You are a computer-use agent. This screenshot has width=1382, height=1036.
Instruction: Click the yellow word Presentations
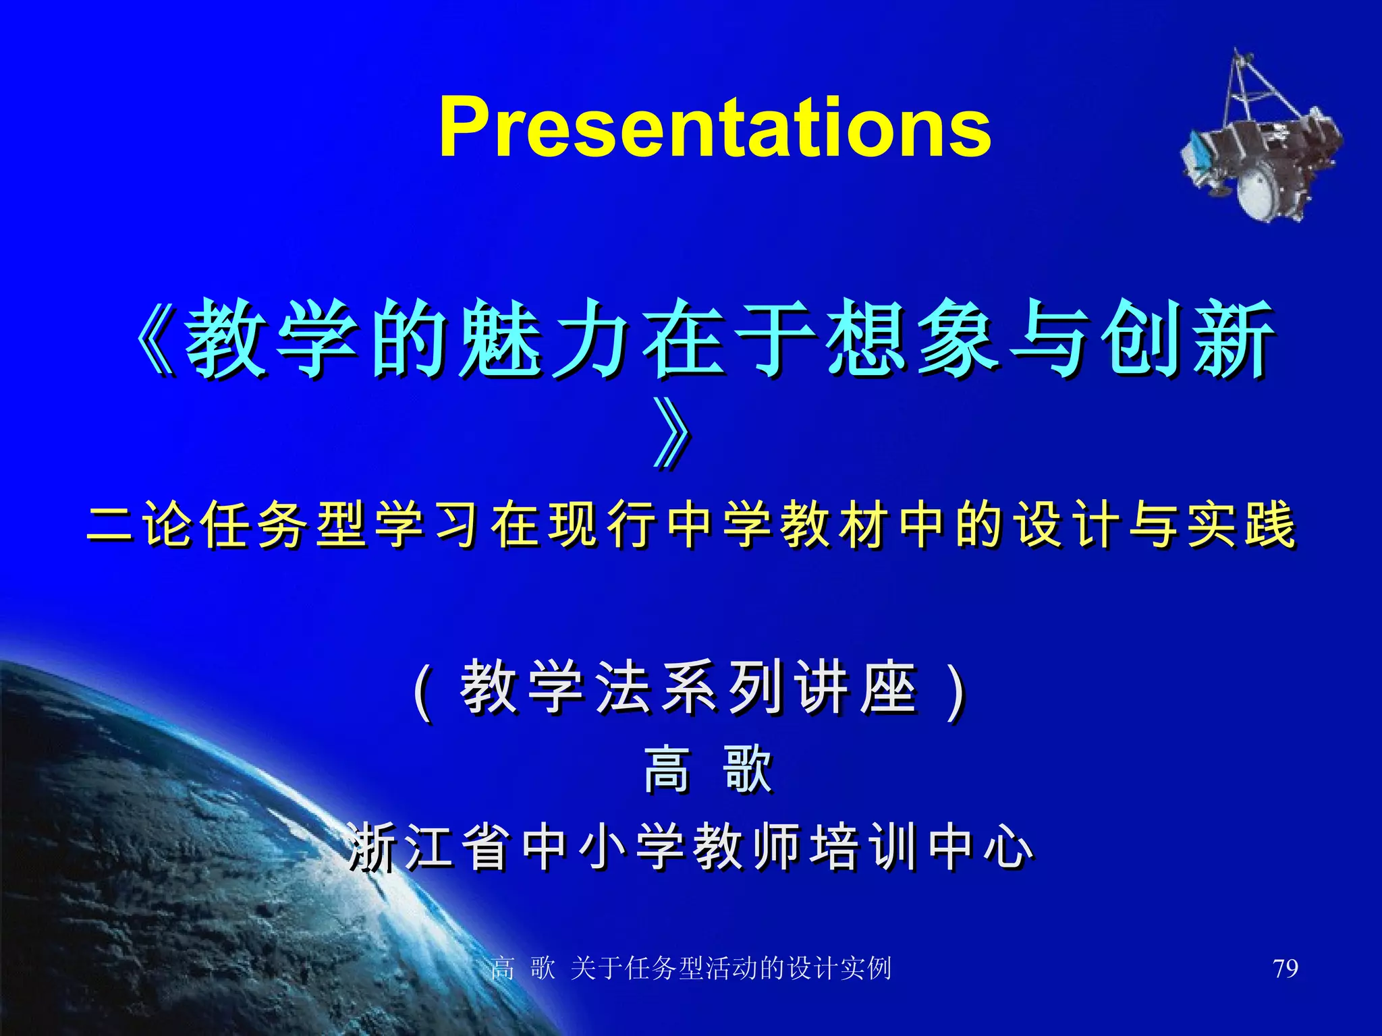[x=714, y=128]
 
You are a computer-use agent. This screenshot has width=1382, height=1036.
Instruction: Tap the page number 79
[x=1285, y=969]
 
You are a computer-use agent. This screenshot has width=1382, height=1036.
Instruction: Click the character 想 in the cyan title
[x=866, y=337]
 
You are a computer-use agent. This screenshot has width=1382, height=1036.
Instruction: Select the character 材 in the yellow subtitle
[x=861, y=525]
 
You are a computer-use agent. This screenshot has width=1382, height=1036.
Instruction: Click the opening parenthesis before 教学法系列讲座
[x=422, y=691]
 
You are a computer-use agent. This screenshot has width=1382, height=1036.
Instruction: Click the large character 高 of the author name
[x=667, y=769]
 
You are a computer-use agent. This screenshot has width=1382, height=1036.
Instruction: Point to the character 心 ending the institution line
[x=1008, y=847]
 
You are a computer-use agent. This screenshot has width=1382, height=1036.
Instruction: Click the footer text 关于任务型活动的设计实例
[x=730, y=969]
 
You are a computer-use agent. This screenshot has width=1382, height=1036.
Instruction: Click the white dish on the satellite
[x=1255, y=190]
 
